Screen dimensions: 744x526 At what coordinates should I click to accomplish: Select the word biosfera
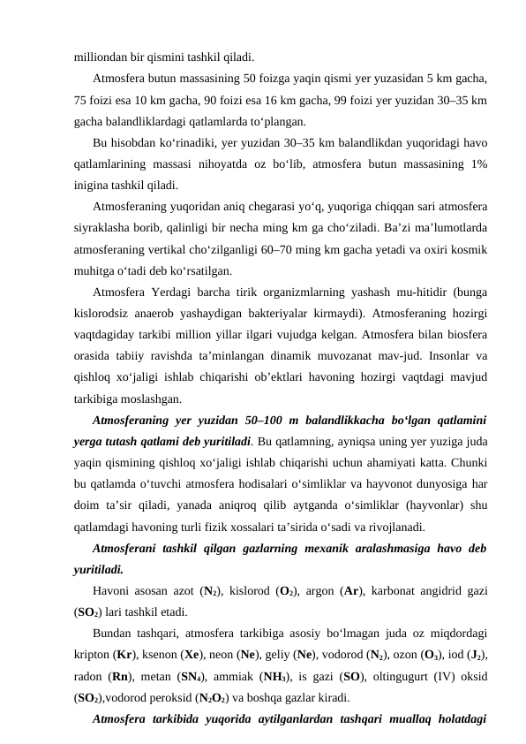[464, 334]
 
